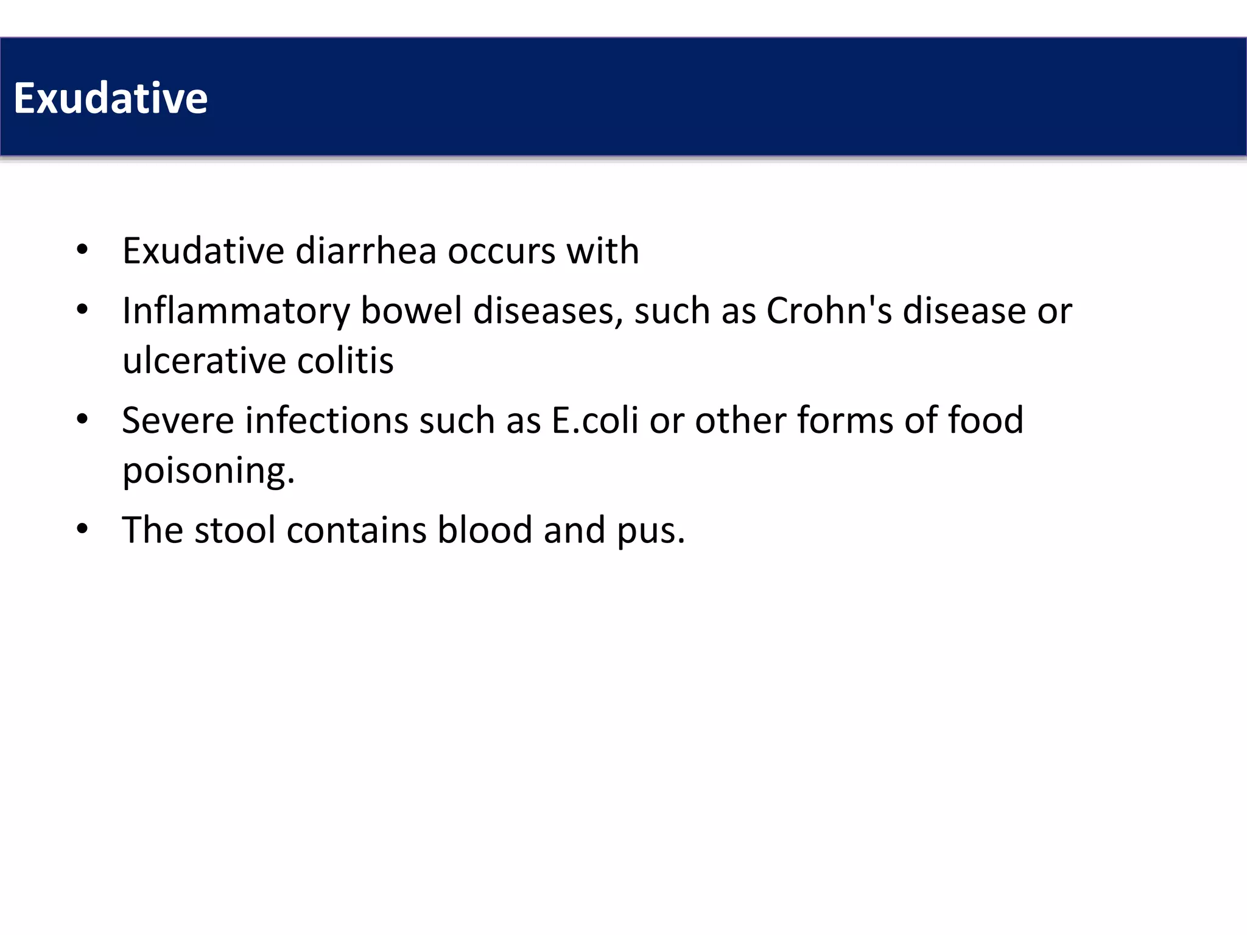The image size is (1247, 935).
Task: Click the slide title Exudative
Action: (110, 98)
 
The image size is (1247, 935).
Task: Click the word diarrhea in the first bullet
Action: (366, 250)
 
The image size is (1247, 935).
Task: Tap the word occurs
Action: (502, 250)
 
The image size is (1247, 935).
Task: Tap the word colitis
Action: (345, 360)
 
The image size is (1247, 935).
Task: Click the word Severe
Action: (178, 420)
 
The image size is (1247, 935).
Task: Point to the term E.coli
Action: (595, 420)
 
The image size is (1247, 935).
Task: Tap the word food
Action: (985, 420)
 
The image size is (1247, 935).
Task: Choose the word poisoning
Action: (208, 471)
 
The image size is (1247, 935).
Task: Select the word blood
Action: (485, 530)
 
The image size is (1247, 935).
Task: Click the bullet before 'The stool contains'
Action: (82, 529)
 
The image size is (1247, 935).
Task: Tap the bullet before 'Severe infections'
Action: (82, 419)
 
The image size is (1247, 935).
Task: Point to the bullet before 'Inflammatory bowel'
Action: (82, 310)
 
